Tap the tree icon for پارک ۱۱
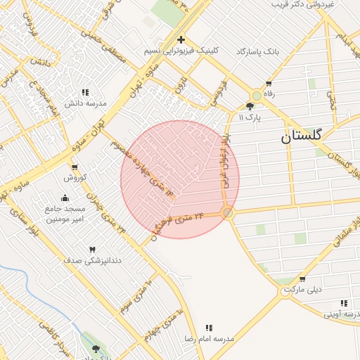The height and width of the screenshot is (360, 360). [x=250, y=106]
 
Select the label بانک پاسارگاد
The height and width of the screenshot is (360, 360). [x=257, y=52]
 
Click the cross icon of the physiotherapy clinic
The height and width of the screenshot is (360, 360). [x=181, y=39]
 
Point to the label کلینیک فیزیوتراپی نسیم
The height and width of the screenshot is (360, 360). [x=181, y=51]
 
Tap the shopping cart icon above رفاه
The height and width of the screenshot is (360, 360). [x=268, y=83]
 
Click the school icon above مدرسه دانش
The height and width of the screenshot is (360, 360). [x=85, y=92]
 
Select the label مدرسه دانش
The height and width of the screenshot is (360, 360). [x=85, y=103]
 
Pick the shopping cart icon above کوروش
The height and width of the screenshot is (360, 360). [x=75, y=167]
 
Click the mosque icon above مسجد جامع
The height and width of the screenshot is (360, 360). [x=65, y=198]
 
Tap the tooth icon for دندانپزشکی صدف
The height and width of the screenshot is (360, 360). [x=92, y=250]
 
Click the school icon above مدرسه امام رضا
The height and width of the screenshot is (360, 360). [x=209, y=328]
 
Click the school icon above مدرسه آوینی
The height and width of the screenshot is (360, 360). [x=344, y=303]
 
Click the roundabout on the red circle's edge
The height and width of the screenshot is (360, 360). [x=227, y=212]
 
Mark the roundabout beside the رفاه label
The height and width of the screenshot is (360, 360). [x=256, y=96]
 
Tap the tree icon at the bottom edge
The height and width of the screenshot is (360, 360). [x=96, y=349]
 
